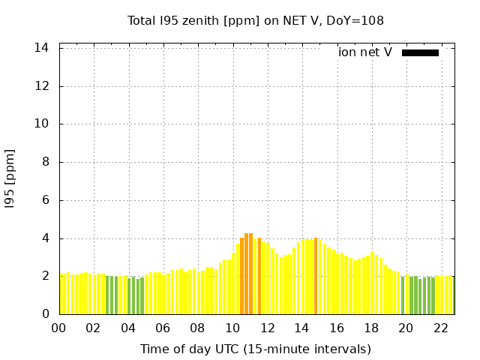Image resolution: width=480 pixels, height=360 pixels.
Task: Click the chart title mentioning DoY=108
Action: tap(256, 21)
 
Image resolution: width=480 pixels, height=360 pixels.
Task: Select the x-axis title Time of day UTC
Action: tap(256, 349)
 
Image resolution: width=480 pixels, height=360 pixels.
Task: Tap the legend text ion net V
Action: tap(365, 52)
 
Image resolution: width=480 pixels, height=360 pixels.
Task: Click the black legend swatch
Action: tap(420, 52)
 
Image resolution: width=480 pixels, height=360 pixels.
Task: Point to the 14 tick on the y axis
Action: tap(43, 48)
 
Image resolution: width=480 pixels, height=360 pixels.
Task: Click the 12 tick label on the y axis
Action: tap(43, 86)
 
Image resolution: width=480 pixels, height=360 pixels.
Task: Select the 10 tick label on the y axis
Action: tap(43, 124)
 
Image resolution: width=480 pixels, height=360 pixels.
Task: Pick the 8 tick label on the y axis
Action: tap(46, 163)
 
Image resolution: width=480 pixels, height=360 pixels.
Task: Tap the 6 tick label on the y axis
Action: tap(46, 201)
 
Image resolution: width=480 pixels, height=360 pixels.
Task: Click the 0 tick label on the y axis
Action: tap(46, 314)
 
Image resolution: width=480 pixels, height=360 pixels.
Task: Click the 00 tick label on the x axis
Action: tap(58, 328)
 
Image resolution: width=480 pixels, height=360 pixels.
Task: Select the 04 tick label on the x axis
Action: tap(128, 328)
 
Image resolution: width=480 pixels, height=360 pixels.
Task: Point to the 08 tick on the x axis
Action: tap(197, 328)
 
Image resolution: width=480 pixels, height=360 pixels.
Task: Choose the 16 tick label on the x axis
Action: tap(337, 328)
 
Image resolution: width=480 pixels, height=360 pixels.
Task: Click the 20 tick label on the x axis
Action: tap(406, 328)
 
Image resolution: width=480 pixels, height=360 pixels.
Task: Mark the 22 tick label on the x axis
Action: tap(441, 328)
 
